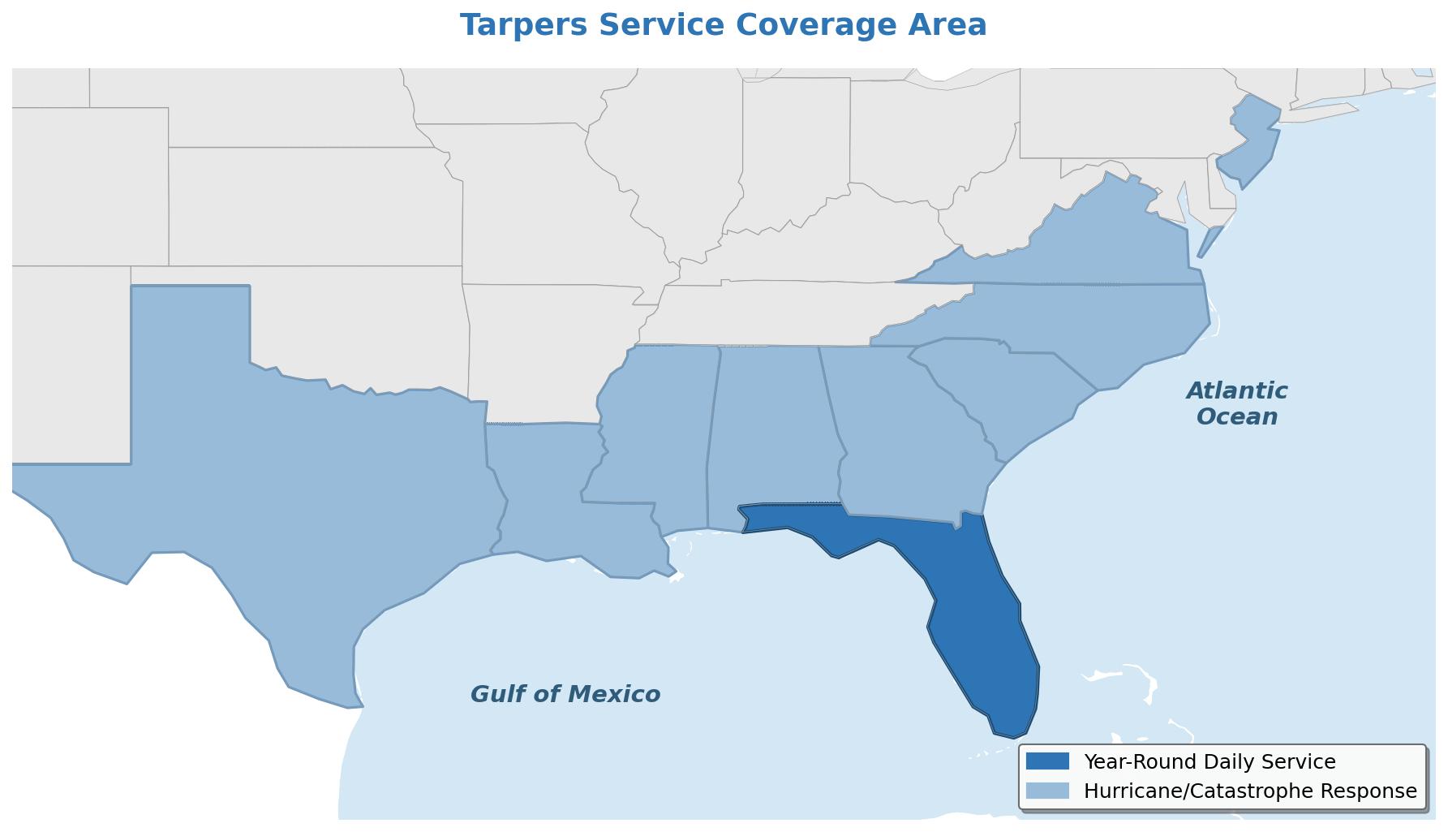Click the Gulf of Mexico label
[565, 695]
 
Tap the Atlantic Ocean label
[1236, 403]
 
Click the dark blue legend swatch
[1047, 761]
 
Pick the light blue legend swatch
[1047, 791]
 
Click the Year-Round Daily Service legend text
[1209, 761]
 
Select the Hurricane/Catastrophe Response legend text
[1250, 791]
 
